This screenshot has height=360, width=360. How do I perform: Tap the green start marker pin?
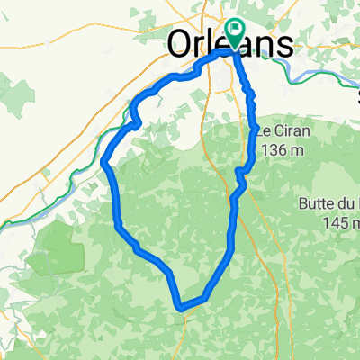pyautogui.click(x=236, y=34)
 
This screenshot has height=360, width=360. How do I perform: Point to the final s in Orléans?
pyautogui.click(x=284, y=45)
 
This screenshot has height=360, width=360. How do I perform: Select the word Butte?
pyautogui.click(x=319, y=204)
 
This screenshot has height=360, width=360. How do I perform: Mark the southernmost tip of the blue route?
pyautogui.click(x=183, y=306)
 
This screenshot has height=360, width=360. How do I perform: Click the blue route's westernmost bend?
pyautogui.click(x=106, y=164)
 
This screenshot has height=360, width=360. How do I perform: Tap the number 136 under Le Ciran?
pyautogui.click(x=273, y=151)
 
